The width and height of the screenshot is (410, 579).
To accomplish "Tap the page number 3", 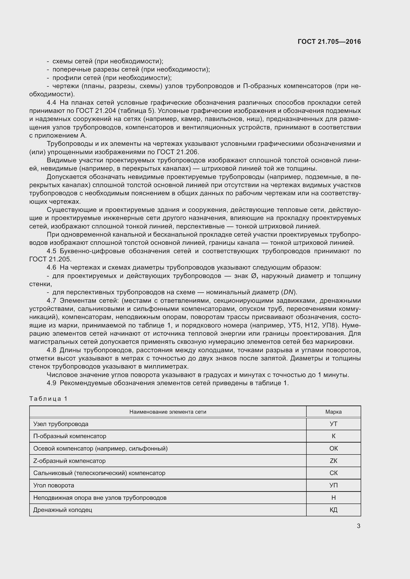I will point(358,526).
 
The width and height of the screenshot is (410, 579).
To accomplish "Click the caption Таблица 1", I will point(48,399).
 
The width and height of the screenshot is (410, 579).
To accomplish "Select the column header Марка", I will point(333,412).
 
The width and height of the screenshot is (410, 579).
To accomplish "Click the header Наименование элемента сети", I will point(168,412).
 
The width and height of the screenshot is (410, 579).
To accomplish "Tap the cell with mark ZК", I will point(333,461).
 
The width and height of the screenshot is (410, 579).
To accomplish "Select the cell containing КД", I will point(333,510).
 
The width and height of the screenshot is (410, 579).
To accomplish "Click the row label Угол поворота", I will point(54,485).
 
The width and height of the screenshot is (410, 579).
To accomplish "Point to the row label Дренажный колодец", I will point(63,510).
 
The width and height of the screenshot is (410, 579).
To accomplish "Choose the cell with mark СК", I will point(333,473).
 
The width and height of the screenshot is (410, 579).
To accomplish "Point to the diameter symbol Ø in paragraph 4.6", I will point(254,276).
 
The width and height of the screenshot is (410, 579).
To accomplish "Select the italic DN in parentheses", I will point(288,292).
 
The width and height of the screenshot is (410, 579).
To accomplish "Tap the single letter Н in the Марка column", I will point(333,498).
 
